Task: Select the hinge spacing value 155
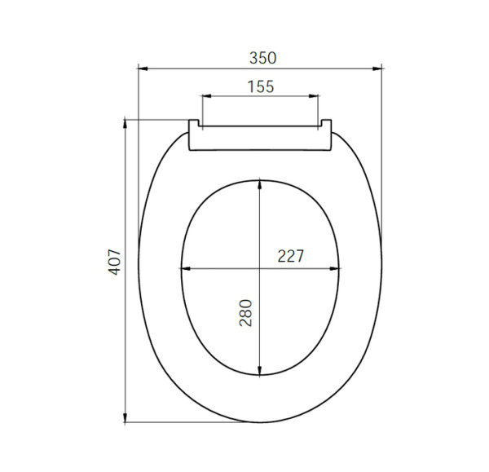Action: coord(260,86)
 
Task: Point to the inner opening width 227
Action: coord(290,256)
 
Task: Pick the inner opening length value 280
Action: coord(246,313)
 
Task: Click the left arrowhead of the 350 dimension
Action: coord(142,69)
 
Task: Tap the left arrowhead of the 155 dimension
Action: coord(205,97)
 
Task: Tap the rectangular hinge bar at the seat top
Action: coord(260,139)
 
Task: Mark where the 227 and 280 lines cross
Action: coord(259,269)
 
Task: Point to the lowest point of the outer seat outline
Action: coord(260,422)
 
